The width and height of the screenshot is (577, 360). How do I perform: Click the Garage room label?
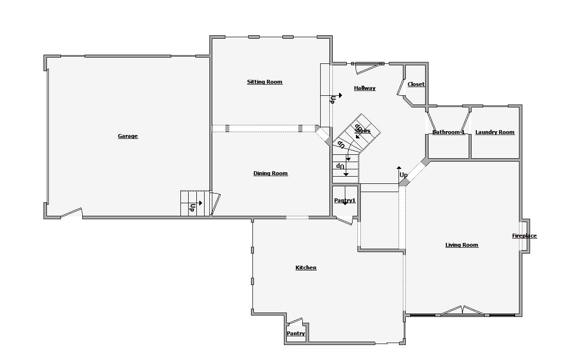[x=128, y=136]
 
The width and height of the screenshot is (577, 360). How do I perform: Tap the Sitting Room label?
[x=265, y=82]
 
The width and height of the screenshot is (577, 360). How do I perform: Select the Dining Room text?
[x=270, y=173]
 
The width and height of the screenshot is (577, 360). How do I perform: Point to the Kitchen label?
[x=306, y=268]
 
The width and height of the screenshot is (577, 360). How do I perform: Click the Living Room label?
[x=462, y=245]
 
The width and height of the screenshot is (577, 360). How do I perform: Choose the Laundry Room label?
[x=495, y=132]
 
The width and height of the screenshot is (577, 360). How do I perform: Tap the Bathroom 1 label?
[x=448, y=132]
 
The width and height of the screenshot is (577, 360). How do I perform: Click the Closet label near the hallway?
[x=416, y=84]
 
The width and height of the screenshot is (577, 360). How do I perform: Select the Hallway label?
[x=365, y=88]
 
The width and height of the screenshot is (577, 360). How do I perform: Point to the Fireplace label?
[x=524, y=236]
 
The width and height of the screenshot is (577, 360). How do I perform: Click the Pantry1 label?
[x=345, y=201]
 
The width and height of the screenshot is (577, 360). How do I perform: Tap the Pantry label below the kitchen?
[x=296, y=333]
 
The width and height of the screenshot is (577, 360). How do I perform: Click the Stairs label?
[x=362, y=131]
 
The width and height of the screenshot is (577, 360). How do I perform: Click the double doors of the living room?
[x=462, y=311]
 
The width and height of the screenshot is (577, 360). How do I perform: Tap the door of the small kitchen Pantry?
[x=295, y=322]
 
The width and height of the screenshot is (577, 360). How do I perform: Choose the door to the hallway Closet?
[x=401, y=88]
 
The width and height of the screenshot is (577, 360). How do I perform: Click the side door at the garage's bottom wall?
[x=72, y=213]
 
